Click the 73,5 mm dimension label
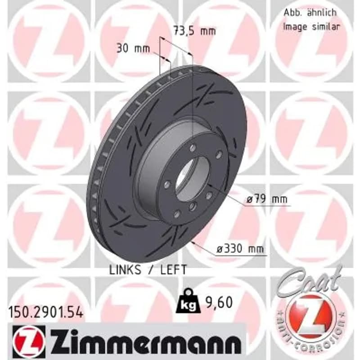[194, 31]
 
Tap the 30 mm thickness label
[133, 49]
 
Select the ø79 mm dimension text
[267, 199]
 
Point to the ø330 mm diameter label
[240, 249]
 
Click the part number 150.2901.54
[45, 313]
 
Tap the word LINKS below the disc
[125, 270]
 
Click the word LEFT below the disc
[173, 270]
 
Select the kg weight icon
[188, 301]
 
